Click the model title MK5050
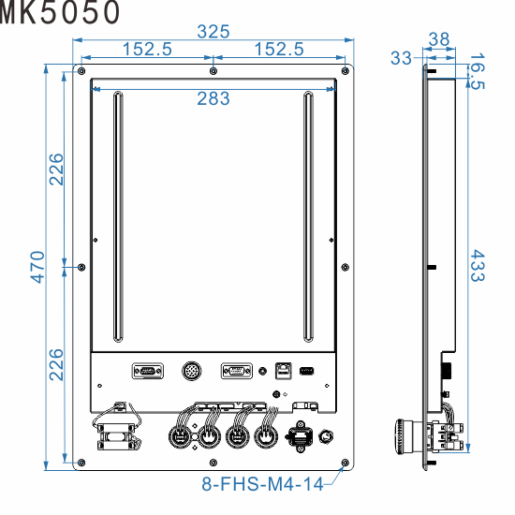coord(60,12)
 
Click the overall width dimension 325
coord(213,31)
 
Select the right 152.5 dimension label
coord(279,50)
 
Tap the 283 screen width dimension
coord(213,99)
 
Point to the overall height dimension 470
coord(37,267)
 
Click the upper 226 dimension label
coord(57,169)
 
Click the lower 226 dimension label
coord(57,365)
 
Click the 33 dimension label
coord(401,58)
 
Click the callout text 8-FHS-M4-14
coord(261,485)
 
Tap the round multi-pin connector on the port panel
coord(191,371)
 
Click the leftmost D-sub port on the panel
coord(147,371)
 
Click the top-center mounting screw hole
coord(213,71)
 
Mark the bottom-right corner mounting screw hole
coord(346,463)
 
